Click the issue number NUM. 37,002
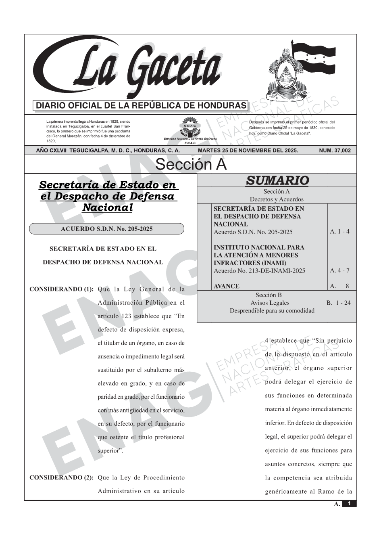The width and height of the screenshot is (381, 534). point(335,151)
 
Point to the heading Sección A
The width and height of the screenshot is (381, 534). point(191,165)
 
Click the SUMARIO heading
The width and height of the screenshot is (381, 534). point(277,180)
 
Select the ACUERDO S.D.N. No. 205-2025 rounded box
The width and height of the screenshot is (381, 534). point(106,229)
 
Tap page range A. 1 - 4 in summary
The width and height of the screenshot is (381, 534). point(339,232)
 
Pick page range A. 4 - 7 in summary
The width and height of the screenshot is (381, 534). point(339,270)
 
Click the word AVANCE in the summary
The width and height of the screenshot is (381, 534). point(226,286)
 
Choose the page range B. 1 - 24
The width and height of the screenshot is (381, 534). point(338,303)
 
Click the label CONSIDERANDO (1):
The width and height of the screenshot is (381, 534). point(62,289)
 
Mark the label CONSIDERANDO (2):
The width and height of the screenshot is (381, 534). point(62,477)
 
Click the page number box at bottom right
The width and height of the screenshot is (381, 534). point(349,504)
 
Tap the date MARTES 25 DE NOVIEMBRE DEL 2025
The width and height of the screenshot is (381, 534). point(248,151)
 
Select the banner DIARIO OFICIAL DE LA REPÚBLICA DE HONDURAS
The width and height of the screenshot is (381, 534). point(141,106)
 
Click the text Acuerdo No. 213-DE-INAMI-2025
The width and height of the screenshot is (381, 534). point(259,270)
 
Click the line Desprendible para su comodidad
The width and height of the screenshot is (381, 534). point(272,310)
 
